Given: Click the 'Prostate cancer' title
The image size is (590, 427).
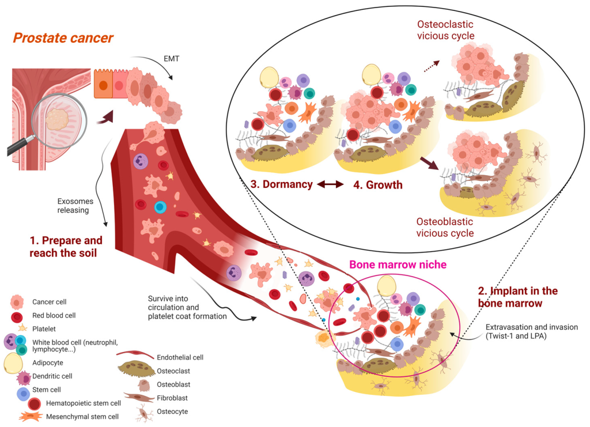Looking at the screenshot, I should pos(63,39).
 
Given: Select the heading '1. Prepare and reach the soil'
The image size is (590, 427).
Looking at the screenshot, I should pos(66,246).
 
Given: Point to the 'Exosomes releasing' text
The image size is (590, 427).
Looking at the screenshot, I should pos(74,206).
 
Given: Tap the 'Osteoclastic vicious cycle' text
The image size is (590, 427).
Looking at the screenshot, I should pos(445,30).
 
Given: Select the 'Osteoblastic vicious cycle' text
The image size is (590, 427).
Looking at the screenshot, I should pos(445,228).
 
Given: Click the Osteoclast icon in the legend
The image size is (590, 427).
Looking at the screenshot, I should pos(135,369).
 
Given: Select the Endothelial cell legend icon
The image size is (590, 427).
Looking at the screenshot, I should pos(135,356).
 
